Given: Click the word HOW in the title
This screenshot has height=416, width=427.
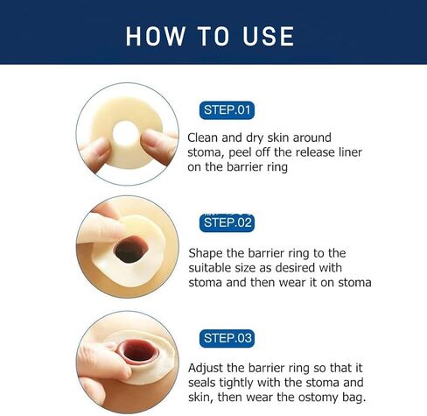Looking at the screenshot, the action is (x=155, y=36).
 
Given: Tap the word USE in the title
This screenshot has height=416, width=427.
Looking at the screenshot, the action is (x=268, y=36).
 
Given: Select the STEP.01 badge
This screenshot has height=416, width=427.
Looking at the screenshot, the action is (x=227, y=110).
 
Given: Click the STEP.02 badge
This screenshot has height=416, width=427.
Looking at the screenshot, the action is (x=227, y=222).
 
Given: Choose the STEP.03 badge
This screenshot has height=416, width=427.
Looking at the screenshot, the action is (x=227, y=338).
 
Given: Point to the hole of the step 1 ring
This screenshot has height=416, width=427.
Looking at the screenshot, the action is (x=126, y=135).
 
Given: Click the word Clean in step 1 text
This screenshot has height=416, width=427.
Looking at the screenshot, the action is (x=203, y=137).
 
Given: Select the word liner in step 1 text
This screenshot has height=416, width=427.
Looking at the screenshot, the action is (x=350, y=152).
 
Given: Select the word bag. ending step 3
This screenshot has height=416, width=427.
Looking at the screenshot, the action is (x=353, y=398).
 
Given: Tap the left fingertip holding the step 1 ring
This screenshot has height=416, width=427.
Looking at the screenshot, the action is (x=100, y=149).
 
